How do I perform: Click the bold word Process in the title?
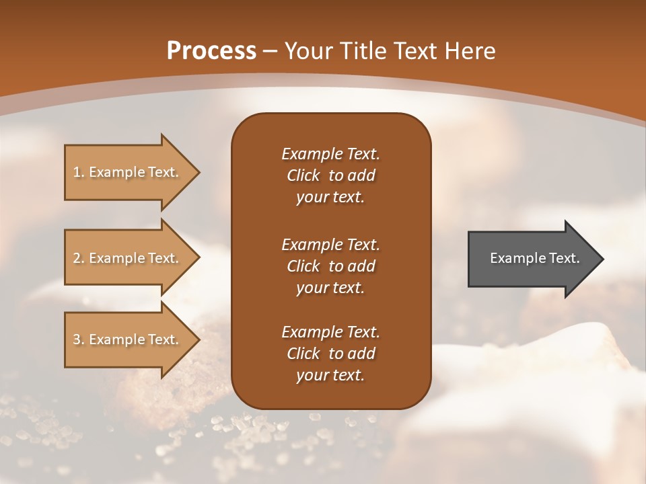tap(211, 51)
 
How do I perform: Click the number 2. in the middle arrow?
tap(79, 258)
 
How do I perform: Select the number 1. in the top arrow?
tap(79, 172)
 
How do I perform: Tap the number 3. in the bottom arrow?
tap(79, 339)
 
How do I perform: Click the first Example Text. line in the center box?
tap(330, 154)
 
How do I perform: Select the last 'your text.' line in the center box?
tap(330, 375)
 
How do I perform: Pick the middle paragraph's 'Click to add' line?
tap(330, 266)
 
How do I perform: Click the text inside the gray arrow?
tap(535, 258)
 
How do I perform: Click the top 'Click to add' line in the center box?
tap(330, 175)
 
